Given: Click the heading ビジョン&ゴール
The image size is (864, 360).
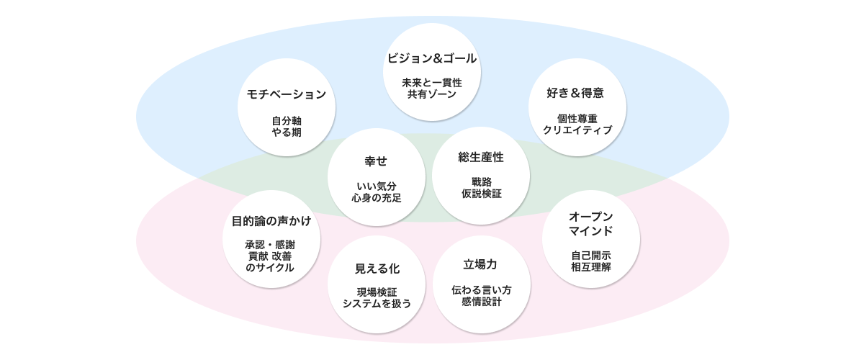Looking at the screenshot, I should point(432,58).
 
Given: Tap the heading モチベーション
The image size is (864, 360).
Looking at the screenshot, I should point(287,94).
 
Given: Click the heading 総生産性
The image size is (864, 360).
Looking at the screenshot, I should point(481,156).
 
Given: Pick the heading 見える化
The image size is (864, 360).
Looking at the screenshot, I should point(377,268).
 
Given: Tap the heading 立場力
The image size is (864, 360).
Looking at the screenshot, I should point(481,264).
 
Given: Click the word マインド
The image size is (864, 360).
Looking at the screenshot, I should point(590,231).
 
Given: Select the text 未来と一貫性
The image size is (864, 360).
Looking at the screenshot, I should point(432,82).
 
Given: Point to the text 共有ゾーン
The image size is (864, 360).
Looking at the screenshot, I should point(432,94).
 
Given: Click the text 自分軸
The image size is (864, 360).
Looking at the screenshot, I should point(287,120).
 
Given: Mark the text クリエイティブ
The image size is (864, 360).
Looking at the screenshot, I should point(577,130).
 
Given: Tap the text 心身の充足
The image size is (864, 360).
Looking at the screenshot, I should point(377,198).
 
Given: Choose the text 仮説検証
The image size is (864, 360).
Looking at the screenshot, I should point(481,193).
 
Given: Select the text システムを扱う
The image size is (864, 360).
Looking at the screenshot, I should point(377,303).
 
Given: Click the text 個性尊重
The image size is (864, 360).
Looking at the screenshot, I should point(577,118).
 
